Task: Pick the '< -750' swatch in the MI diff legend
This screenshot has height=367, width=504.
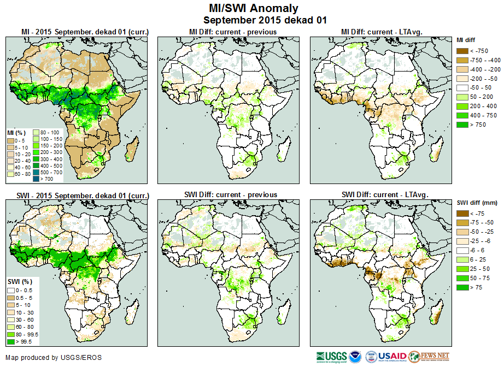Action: (x=464, y=51)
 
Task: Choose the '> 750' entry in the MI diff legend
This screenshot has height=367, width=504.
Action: (x=464, y=125)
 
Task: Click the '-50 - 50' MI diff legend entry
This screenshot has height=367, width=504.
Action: (x=464, y=88)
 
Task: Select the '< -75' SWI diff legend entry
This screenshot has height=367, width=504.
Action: (x=464, y=214)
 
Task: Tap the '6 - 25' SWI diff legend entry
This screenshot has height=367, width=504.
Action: (x=464, y=259)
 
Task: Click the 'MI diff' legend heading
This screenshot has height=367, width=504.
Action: (x=468, y=40)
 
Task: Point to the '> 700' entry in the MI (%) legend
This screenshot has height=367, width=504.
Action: (x=36, y=178)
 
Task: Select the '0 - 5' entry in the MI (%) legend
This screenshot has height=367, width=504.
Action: (x=11, y=140)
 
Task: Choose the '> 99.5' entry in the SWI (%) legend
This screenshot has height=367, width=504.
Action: (x=11, y=342)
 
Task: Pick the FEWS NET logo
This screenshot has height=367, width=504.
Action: (x=429, y=357)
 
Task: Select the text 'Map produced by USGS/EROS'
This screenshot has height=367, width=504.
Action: (x=54, y=358)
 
